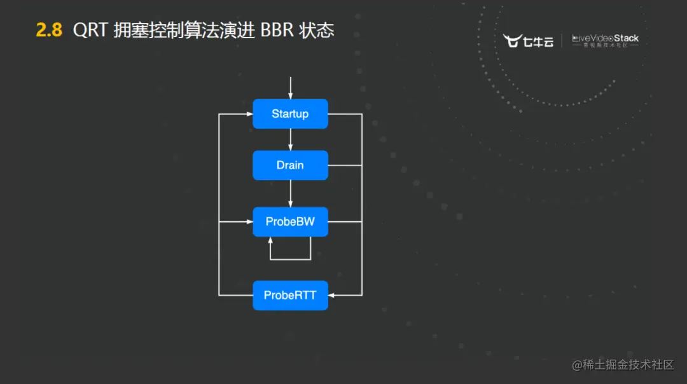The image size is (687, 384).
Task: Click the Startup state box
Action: click(x=290, y=114)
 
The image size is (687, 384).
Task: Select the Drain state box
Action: click(x=290, y=165)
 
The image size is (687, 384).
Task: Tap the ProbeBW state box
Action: click(x=290, y=222)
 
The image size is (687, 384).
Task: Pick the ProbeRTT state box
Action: click(x=290, y=296)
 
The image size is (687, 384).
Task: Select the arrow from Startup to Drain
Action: click(x=290, y=139)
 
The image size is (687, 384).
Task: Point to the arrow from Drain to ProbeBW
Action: click(x=290, y=193)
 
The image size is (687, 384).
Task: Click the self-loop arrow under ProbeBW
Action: click(x=290, y=259)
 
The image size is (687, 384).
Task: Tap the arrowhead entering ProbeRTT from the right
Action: click(x=333, y=295)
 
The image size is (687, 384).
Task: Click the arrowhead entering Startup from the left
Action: click(x=248, y=114)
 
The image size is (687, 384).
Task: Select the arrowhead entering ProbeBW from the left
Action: click(x=248, y=222)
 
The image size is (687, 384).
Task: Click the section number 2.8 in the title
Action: click(x=49, y=30)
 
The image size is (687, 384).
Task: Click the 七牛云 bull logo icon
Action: click(x=513, y=41)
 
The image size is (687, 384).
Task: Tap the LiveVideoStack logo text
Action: click(x=605, y=39)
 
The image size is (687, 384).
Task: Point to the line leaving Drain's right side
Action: click(x=344, y=165)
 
